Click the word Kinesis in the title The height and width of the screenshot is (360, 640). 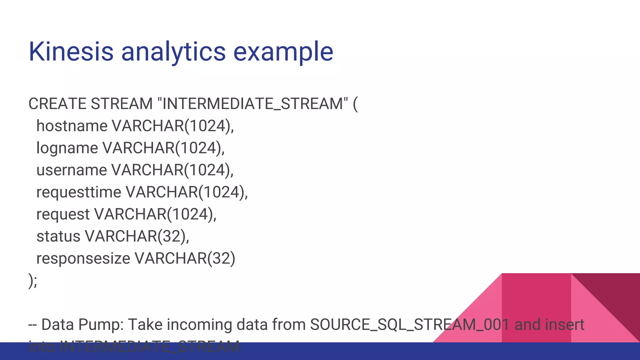point(71,52)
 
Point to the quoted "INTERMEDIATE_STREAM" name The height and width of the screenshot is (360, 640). point(253,104)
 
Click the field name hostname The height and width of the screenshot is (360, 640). point(72,126)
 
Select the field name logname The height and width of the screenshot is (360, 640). point(67,148)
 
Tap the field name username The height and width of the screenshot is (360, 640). point(72,170)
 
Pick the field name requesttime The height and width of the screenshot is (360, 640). point(79,192)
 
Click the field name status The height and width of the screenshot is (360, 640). point(58,236)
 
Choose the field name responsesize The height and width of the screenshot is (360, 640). point(83,258)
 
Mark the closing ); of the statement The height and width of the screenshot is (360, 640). point(32,280)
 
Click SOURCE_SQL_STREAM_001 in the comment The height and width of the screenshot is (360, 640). point(410,325)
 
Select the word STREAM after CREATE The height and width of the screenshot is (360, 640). point(121,104)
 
